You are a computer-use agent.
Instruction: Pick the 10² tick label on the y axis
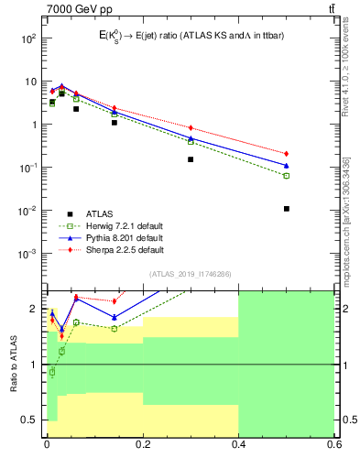[x=27, y=38]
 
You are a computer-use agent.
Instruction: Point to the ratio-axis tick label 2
[x=33, y=309]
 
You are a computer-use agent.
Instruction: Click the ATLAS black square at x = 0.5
[x=287, y=209]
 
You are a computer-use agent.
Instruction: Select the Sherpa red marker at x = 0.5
[x=287, y=154]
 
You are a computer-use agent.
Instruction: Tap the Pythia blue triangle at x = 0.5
[x=287, y=166]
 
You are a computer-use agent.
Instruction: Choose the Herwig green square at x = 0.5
[x=287, y=176]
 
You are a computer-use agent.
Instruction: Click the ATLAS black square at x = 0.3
[x=191, y=159]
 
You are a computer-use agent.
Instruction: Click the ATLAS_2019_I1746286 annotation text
[x=190, y=274]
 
